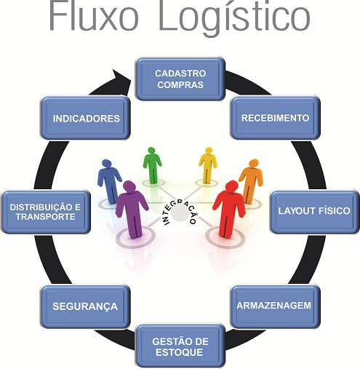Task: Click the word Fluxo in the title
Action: click(x=94, y=15)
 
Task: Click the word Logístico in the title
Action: click(x=234, y=18)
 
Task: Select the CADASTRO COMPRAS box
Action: click(x=180, y=79)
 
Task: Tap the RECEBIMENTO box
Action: click(x=275, y=118)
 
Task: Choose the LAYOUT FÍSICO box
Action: click(x=314, y=212)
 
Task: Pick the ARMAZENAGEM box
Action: click(x=275, y=306)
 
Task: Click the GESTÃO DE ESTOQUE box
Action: click(x=180, y=346)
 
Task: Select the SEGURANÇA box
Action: click(x=85, y=306)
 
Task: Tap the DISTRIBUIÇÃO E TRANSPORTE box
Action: click(x=46, y=212)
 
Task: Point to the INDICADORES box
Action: click(x=85, y=118)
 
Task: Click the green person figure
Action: click(x=152, y=165)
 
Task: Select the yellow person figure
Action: click(x=208, y=165)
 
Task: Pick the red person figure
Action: click(x=229, y=209)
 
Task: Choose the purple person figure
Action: click(x=132, y=210)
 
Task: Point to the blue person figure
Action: click(x=109, y=181)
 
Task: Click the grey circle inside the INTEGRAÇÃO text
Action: click(x=180, y=213)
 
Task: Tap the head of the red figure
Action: click(x=232, y=187)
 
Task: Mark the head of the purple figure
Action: click(x=129, y=188)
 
